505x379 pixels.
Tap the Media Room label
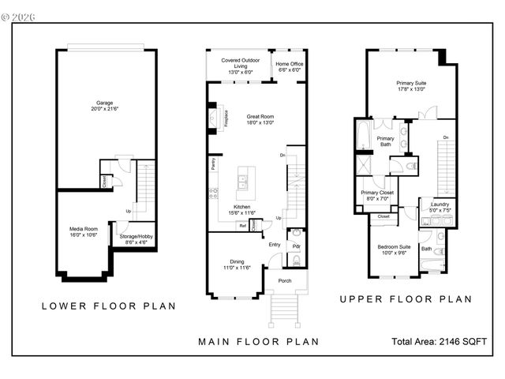click(x=83, y=231)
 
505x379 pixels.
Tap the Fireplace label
click(x=226, y=118)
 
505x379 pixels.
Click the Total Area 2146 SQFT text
click(x=440, y=341)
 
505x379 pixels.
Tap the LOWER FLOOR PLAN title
click(x=108, y=306)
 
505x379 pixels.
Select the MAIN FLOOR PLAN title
click(x=257, y=342)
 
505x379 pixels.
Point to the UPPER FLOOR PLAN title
click(x=406, y=299)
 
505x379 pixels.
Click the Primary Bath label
click(x=385, y=141)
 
